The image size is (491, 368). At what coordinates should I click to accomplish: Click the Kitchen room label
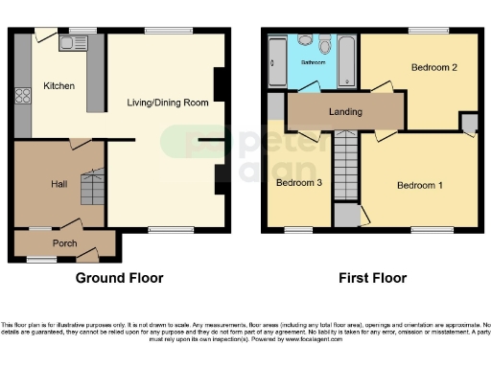(58, 86)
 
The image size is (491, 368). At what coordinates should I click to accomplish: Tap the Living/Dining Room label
(169, 103)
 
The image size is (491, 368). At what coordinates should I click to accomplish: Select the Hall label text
(58, 182)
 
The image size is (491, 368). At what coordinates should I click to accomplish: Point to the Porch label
(65, 242)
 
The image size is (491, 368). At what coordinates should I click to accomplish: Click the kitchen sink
(73, 42)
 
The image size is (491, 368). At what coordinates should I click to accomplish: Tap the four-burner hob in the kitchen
(22, 96)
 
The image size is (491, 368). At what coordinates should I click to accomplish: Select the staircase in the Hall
(93, 188)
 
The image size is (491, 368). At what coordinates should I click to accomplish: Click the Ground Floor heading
(119, 279)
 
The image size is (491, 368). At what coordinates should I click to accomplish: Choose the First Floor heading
(372, 279)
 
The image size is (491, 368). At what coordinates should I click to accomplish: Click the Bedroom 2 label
(433, 68)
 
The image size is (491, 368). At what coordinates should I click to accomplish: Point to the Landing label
(345, 112)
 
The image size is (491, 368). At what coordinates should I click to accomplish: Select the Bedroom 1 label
(420, 185)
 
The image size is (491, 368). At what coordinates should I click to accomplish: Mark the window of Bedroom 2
(422, 30)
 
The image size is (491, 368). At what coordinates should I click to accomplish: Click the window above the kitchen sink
(74, 31)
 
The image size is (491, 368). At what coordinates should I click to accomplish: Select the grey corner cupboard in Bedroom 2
(468, 122)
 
